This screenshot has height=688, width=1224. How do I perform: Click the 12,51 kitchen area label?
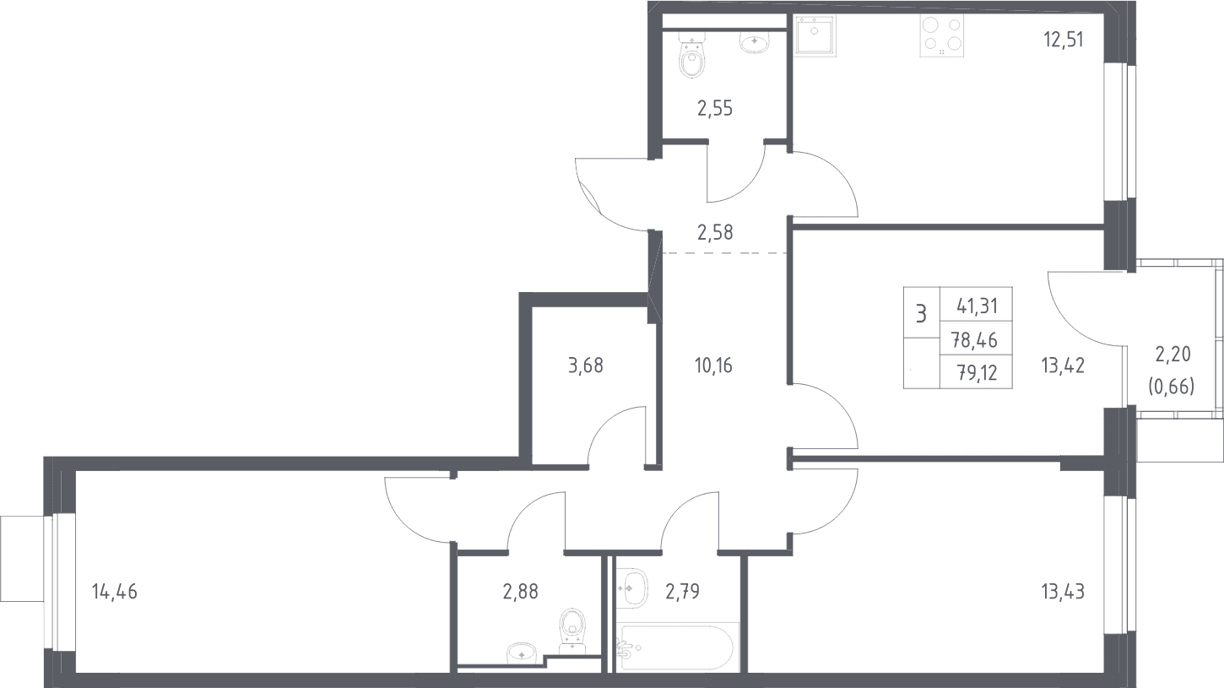[1063, 41]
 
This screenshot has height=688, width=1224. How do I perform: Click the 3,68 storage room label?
[586, 366]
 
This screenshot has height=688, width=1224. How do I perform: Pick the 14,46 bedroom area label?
[115, 592]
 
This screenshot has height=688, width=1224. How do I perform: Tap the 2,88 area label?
[521, 592]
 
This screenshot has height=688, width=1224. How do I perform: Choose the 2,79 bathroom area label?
[683, 592]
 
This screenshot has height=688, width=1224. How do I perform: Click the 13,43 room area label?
[1063, 592]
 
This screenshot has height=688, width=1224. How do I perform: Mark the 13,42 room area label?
[1063, 366]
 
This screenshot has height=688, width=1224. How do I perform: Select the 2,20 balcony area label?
[1173, 355]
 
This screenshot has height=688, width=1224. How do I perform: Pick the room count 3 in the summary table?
[921, 314]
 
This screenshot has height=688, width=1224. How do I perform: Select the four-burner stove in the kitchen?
[942, 35]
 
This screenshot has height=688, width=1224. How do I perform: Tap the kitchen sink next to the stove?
[815, 35]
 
